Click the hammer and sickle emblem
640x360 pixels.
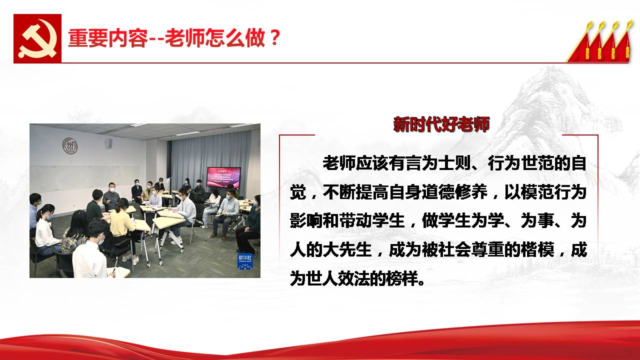[37, 38]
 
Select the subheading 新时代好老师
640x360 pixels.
[441, 124]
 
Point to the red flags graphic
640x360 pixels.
[599, 41]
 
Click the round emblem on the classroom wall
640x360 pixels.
[70, 145]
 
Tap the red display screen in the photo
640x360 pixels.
[223, 177]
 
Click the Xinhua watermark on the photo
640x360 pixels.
[245, 261]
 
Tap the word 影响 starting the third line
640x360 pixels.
[306, 220]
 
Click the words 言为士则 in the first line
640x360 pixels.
[438, 163]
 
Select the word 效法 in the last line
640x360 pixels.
[353, 278]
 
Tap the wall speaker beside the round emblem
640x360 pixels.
[108, 143]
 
